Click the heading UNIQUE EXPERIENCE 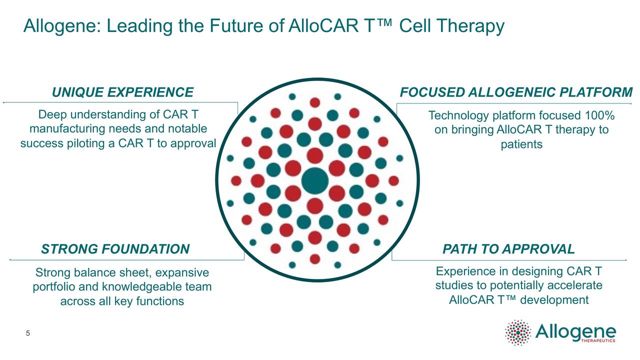[x=122, y=92]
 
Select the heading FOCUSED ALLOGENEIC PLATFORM [x=516, y=92]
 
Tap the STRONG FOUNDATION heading [x=115, y=249]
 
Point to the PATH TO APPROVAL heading [x=508, y=249]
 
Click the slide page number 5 [x=28, y=333]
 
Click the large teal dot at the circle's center [x=315, y=180]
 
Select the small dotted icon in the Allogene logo [x=518, y=332]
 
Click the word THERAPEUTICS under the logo [x=599, y=341]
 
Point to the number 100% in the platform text [x=599, y=116]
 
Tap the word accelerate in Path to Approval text [x=575, y=285]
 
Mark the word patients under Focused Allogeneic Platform [x=521, y=144]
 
